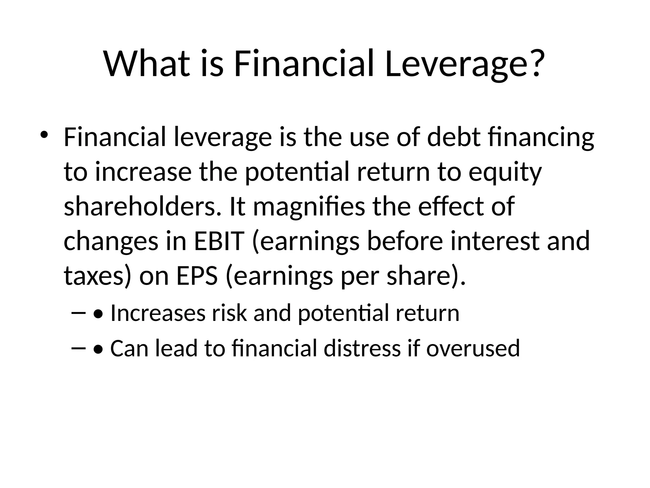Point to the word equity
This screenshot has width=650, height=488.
click(505, 172)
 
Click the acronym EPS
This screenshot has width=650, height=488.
click(197, 276)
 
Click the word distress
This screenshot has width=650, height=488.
click(362, 348)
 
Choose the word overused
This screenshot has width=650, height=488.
click(473, 348)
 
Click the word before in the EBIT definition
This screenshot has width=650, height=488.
click(405, 241)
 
